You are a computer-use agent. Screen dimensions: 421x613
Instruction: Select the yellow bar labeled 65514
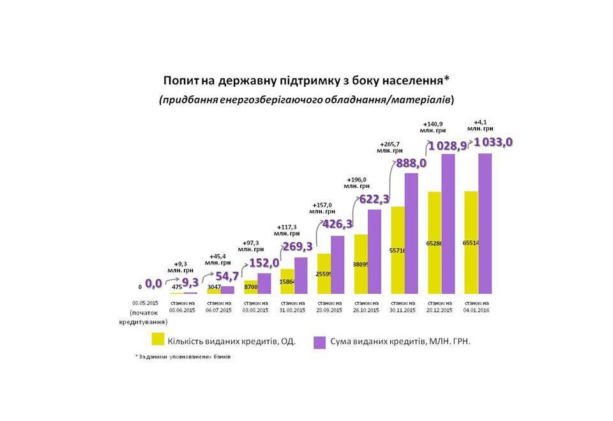point(471,243)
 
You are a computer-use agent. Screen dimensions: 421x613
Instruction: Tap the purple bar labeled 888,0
point(411,233)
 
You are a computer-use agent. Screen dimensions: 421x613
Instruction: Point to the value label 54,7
point(226,276)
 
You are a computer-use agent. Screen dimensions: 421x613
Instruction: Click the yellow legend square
point(156,339)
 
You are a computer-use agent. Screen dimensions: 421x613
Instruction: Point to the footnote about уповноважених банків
point(183,357)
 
